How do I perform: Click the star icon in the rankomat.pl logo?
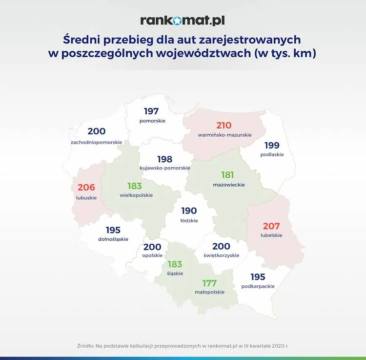coord(178,21)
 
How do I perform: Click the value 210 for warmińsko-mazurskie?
coord(224,126)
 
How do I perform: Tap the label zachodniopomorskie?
coord(97,142)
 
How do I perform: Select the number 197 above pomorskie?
coord(151,111)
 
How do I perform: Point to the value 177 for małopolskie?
coord(209,283)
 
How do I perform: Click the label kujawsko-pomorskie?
coord(165,168)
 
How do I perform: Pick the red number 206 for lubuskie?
coord(86,188)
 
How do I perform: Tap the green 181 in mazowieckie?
coord(227,175)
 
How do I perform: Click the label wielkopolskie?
coord(136,195)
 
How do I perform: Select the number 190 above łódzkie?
coord(189,211)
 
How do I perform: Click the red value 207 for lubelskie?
coord(271,226)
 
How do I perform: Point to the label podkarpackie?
coord(258,286)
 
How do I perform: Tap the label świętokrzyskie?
coord(221,255)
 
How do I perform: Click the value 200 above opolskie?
coord(152,247)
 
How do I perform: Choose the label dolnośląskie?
coord(113,239)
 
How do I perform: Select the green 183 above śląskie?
coord(175,264)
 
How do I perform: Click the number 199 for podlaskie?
coord(272,146)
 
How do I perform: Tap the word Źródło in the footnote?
coord(85,346)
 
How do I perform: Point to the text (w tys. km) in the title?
coord(285,53)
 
